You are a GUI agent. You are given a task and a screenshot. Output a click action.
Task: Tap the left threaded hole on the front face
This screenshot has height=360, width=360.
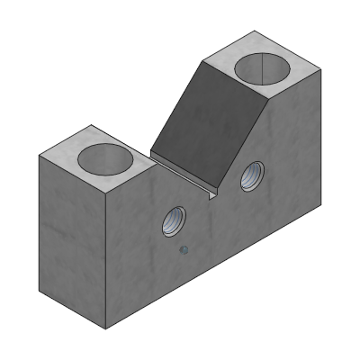[174, 220]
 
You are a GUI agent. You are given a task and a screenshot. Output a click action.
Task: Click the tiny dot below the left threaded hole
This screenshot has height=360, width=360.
[184, 251]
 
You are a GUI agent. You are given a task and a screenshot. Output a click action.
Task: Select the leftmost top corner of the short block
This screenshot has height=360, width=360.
[39, 155]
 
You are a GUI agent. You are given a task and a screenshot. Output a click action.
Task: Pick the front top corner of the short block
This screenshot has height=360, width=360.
[107, 193]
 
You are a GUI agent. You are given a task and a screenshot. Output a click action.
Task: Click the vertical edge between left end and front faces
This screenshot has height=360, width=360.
[108, 261]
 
